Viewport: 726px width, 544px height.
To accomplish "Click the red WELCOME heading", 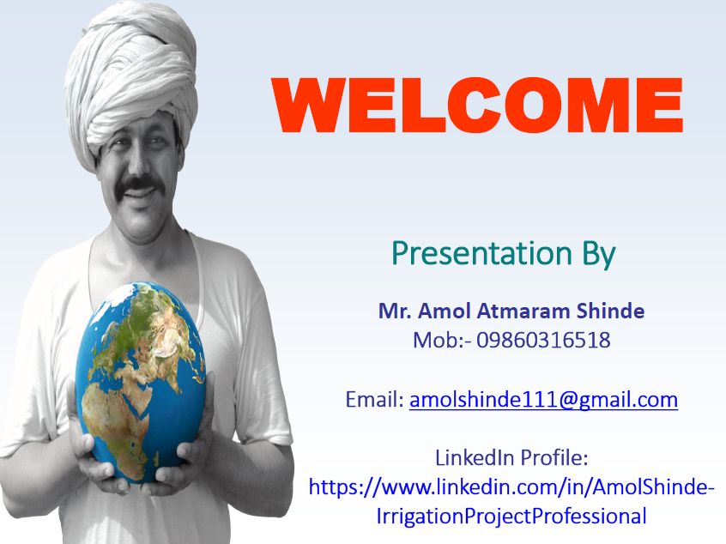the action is (477, 105).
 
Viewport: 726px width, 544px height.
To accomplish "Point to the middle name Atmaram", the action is (523, 311).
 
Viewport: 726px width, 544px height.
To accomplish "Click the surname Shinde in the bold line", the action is (610, 311).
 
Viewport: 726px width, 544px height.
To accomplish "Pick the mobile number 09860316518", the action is (543, 340).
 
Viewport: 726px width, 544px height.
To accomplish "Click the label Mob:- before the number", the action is (442, 340).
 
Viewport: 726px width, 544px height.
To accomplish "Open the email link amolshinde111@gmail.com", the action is (543, 400).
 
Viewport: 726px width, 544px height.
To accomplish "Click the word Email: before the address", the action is (375, 399).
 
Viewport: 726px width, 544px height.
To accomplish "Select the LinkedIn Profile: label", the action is (511, 458).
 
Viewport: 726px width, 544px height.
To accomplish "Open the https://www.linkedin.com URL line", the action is (511, 487).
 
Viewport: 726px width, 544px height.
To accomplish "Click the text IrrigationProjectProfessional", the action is (511, 517).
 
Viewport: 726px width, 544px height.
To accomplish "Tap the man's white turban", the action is (131, 79).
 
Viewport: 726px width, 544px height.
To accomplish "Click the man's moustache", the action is (140, 184).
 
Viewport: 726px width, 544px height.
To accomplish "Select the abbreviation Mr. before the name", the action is (395, 311).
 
